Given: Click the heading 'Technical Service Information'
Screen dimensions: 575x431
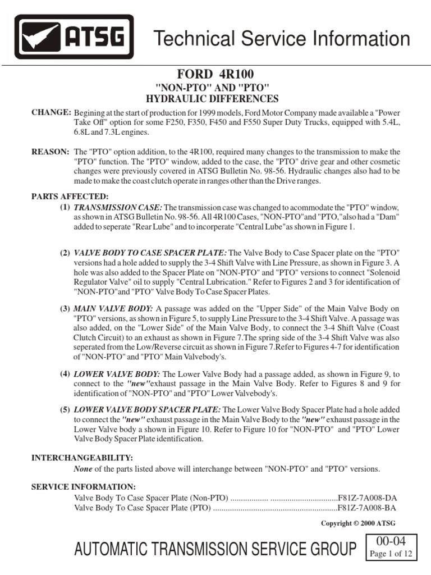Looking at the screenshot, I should pyautogui.click(x=282, y=39).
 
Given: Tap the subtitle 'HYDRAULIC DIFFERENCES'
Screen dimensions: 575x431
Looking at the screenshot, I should pyautogui.click(x=212, y=99).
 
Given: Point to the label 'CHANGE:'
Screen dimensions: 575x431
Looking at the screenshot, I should pyautogui.click(x=51, y=112).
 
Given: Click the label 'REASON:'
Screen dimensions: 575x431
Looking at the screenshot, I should pyautogui.click(x=51, y=152).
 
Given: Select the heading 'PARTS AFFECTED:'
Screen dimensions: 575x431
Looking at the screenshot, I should pyautogui.click(x=70, y=196).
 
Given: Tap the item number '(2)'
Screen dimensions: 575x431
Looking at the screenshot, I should pyautogui.click(x=65, y=253).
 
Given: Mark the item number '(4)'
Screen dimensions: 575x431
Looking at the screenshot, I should pyautogui.click(x=65, y=374).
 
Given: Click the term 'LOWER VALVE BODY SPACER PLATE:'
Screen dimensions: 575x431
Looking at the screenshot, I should pyautogui.click(x=148, y=409).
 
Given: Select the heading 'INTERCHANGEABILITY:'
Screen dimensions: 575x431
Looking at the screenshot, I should pyautogui.click(x=81, y=458).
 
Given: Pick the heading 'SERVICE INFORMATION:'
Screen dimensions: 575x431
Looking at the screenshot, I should pyautogui.click(x=83, y=486).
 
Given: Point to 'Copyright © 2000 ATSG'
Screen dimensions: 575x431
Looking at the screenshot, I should pyautogui.click(x=361, y=523).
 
